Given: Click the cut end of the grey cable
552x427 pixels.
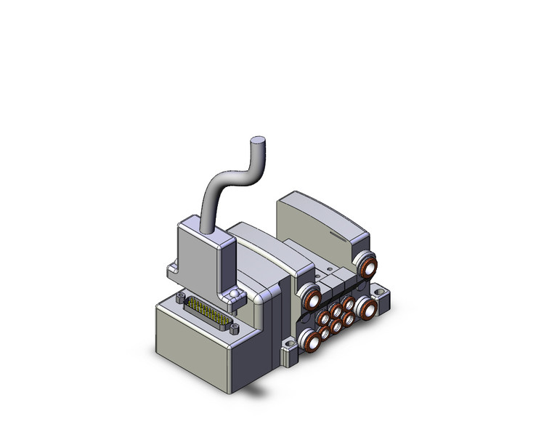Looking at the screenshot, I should (x=257, y=141).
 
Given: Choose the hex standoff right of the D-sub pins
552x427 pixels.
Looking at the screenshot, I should (x=233, y=328).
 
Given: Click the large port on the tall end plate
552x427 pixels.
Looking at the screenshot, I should (x=368, y=263).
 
